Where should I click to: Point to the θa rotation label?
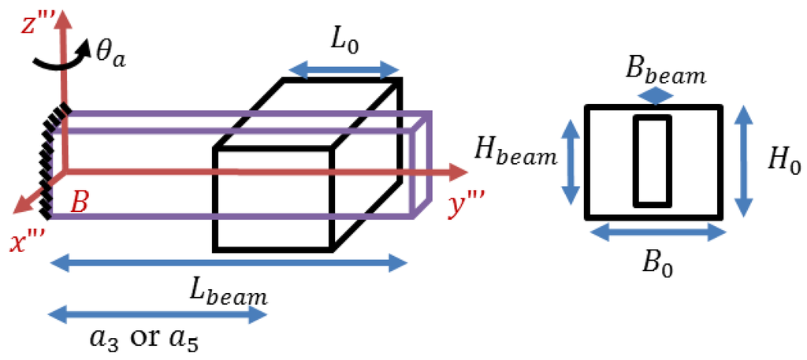[x=120, y=58]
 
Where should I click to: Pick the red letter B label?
[x=80, y=202]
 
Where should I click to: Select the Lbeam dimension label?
[x=229, y=293]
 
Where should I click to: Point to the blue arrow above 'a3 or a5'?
[x=158, y=316]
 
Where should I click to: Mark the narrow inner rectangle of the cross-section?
[x=654, y=161]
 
